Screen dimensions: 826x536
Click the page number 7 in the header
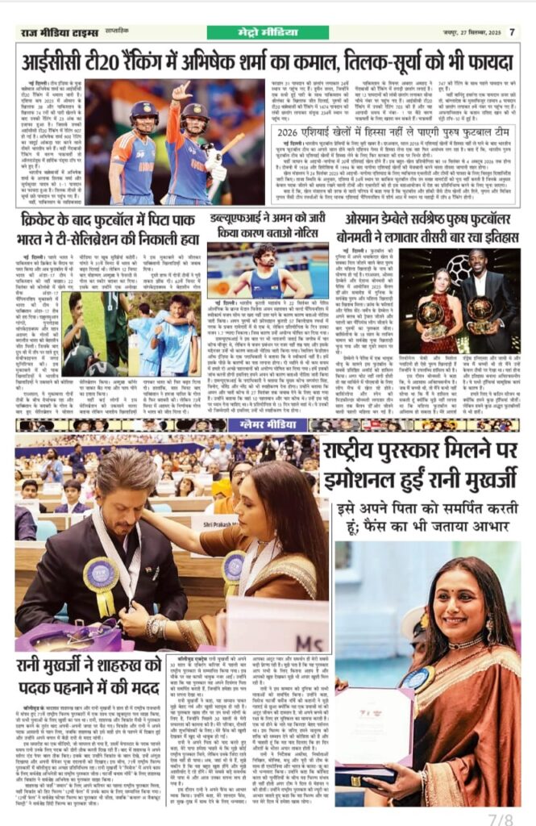click(x=512, y=32)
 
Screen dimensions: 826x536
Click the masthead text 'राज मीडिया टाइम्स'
click(x=61, y=33)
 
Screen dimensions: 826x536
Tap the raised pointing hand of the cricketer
click(x=181, y=90)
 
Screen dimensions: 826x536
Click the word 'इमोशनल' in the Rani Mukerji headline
click(x=363, y=482)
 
